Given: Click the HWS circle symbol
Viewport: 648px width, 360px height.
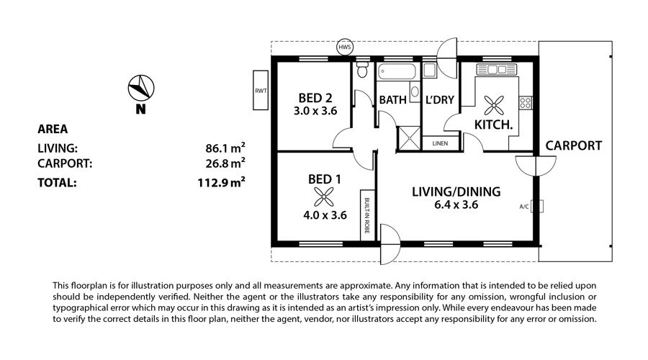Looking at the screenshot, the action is coord(345,47).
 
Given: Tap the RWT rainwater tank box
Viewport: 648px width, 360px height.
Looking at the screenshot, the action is coord(261,90).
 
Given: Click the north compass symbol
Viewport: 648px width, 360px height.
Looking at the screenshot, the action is coord(141,88).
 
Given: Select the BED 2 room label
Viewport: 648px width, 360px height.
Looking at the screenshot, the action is coord(315,98).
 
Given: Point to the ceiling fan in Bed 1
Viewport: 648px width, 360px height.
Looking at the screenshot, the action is coord(323,197).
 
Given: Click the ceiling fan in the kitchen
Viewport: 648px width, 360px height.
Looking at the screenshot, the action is coord(494,105).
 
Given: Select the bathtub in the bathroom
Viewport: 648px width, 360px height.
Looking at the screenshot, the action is coord(397,71).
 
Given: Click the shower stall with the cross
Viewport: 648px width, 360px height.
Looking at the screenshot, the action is coord(408,138).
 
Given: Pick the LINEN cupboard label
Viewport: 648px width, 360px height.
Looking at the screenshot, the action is coord(440,143).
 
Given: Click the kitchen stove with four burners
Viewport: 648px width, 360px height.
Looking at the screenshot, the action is coord(526,102).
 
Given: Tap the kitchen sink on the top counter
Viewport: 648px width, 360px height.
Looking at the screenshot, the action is coord(496,69).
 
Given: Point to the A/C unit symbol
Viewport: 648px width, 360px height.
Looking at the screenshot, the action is coord(537,206).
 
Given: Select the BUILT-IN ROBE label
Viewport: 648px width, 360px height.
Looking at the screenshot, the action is coord(367,215).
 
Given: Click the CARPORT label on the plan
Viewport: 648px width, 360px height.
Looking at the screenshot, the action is coord(574,145).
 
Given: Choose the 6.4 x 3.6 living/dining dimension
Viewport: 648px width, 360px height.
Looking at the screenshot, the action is coord(456,204).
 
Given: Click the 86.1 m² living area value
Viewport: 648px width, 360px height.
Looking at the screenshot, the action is coord(225,148).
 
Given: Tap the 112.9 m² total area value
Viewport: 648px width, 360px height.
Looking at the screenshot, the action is coord(221,182).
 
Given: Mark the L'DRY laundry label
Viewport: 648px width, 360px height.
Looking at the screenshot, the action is coord(440,99).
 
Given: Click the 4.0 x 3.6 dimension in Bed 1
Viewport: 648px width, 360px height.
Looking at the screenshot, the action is coord(325,215).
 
